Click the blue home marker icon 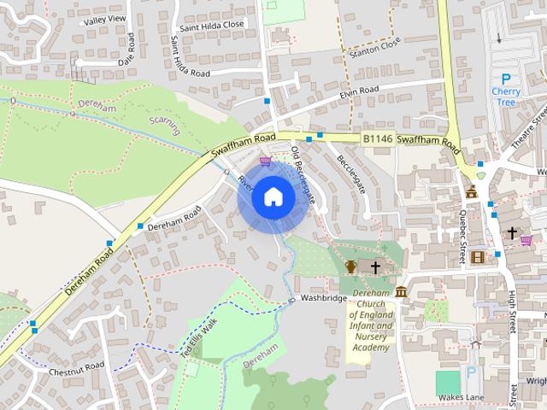coord(272,197)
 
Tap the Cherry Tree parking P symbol coord(504,79)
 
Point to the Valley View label coord(104,19)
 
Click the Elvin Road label coord(358,92)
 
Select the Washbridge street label coord(322,298)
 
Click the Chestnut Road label coord(76,366)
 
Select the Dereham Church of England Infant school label coord(371,320)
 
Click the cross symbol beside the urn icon coord(374,267)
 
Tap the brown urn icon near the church coord(350,267)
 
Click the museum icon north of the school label coord(401,293)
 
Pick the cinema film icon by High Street coord(477,256)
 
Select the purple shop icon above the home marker coord(266,161)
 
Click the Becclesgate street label coord(350,173)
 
